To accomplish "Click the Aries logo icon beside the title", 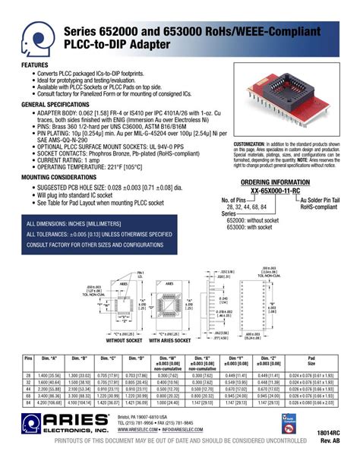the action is coord(37,36).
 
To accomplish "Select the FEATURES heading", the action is coord(36,66).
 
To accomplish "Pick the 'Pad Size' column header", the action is coord(311,361).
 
